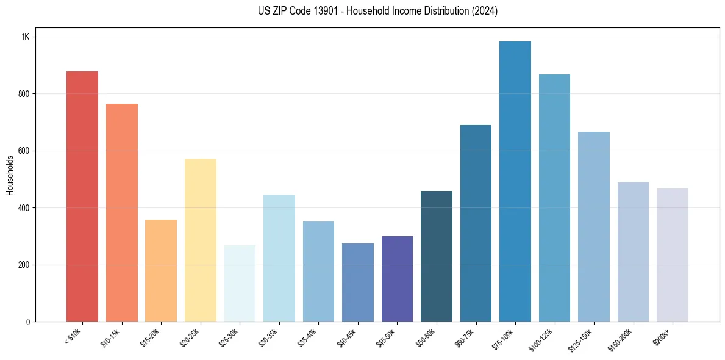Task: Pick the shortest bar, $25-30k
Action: coord(240,283)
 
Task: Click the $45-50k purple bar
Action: coord(397,279)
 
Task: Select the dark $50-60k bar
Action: coord(437,256)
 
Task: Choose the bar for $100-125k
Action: coord(554,198)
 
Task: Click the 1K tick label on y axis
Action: coord(25,37)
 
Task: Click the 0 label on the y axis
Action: coord(27,322)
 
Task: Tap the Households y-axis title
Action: coord(10,175)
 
